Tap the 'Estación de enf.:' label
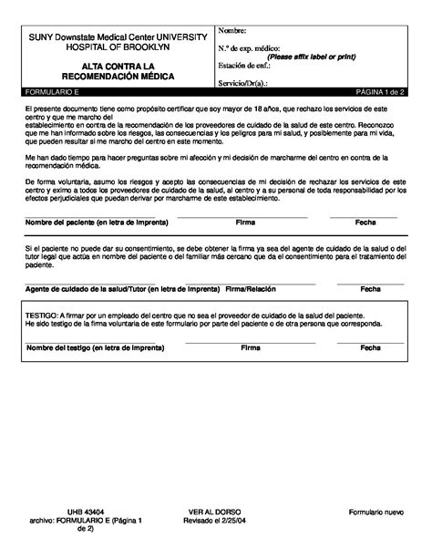point(244,66)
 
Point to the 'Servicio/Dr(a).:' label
point(245,84)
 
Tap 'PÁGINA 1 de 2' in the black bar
point(381,93)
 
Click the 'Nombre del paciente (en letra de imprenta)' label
point(87,223)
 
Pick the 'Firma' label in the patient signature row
point(245,223)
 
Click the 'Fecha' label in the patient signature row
point(365,223)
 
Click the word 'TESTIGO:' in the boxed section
point(42,313)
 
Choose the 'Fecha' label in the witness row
point(370,347)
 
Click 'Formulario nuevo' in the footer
point(375,513)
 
